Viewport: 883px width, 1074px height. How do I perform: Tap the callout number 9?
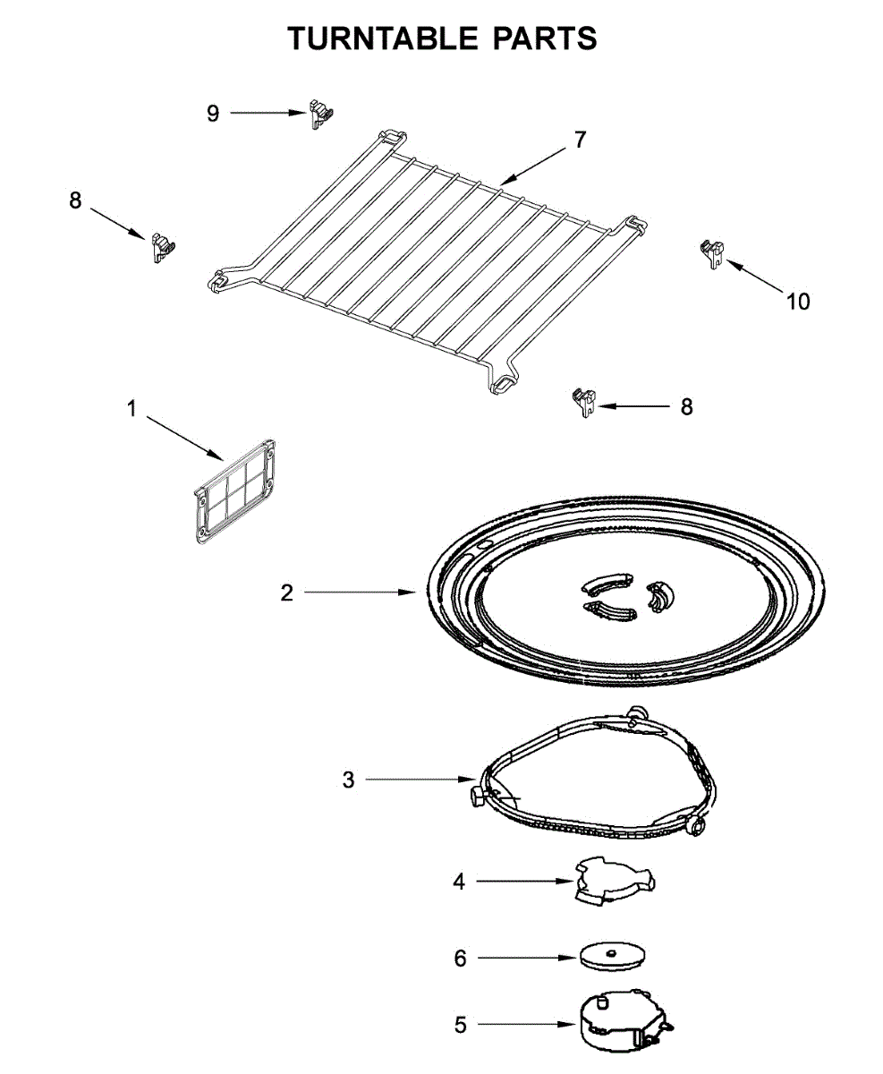(x=213, y=114)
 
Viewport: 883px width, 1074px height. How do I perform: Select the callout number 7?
(x=580, y=141)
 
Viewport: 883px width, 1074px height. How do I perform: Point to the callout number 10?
(x=798, y=302)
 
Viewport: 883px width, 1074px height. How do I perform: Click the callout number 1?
(x=132, y=410)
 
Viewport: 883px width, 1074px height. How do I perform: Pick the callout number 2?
(x=286, y=592)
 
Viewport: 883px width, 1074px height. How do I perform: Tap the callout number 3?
(x=349, y=780)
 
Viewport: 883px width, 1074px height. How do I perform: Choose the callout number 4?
(x=459, y=882)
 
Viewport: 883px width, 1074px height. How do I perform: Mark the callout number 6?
(x=460, y=959)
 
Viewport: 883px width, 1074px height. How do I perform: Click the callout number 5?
(x=460, y=1025)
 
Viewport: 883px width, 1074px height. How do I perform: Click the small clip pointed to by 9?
(x=320, y=114)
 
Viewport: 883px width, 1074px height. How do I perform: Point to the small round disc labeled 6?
(x=614, y=956)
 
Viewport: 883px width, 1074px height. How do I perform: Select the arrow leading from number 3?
(x=420, y=780)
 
